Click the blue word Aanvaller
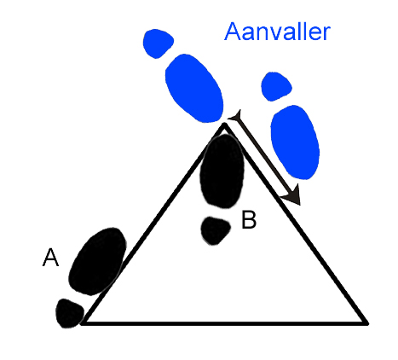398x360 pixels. coord(277,32)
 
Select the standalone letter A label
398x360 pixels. coord(50,258)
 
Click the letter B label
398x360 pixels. coord(249,219)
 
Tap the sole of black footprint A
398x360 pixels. coord(97,261)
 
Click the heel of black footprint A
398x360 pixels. coord(70,313)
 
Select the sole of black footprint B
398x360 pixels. coord(222,171)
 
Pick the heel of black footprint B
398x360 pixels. coord(216,230)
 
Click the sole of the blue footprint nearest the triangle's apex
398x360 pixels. coord(194,88)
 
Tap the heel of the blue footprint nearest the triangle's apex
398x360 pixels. coord(158,44)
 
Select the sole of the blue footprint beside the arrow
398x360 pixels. coord(295,142)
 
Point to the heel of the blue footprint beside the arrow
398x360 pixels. coord(276,86)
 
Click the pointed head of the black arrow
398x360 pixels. coord(299,204)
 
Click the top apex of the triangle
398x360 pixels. coord(224,125)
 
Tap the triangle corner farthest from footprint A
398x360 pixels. coord(366,322)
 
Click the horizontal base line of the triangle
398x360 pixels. coord(225,322)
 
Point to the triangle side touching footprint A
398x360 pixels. coord(153,224)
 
